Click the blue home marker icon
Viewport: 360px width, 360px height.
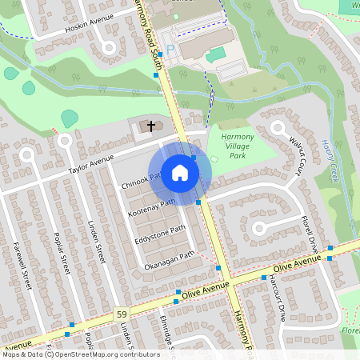[x=180, y=172]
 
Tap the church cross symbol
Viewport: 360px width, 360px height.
[x=150, y=126]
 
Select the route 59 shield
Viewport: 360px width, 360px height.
[x=121, y=311]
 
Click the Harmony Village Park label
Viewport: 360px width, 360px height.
[x=236, y=146]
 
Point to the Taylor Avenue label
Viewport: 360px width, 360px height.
[x=92, y=166]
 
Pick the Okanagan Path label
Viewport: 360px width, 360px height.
[x=169, y=259]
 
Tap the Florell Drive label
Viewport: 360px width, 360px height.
[x=310, y=230]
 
